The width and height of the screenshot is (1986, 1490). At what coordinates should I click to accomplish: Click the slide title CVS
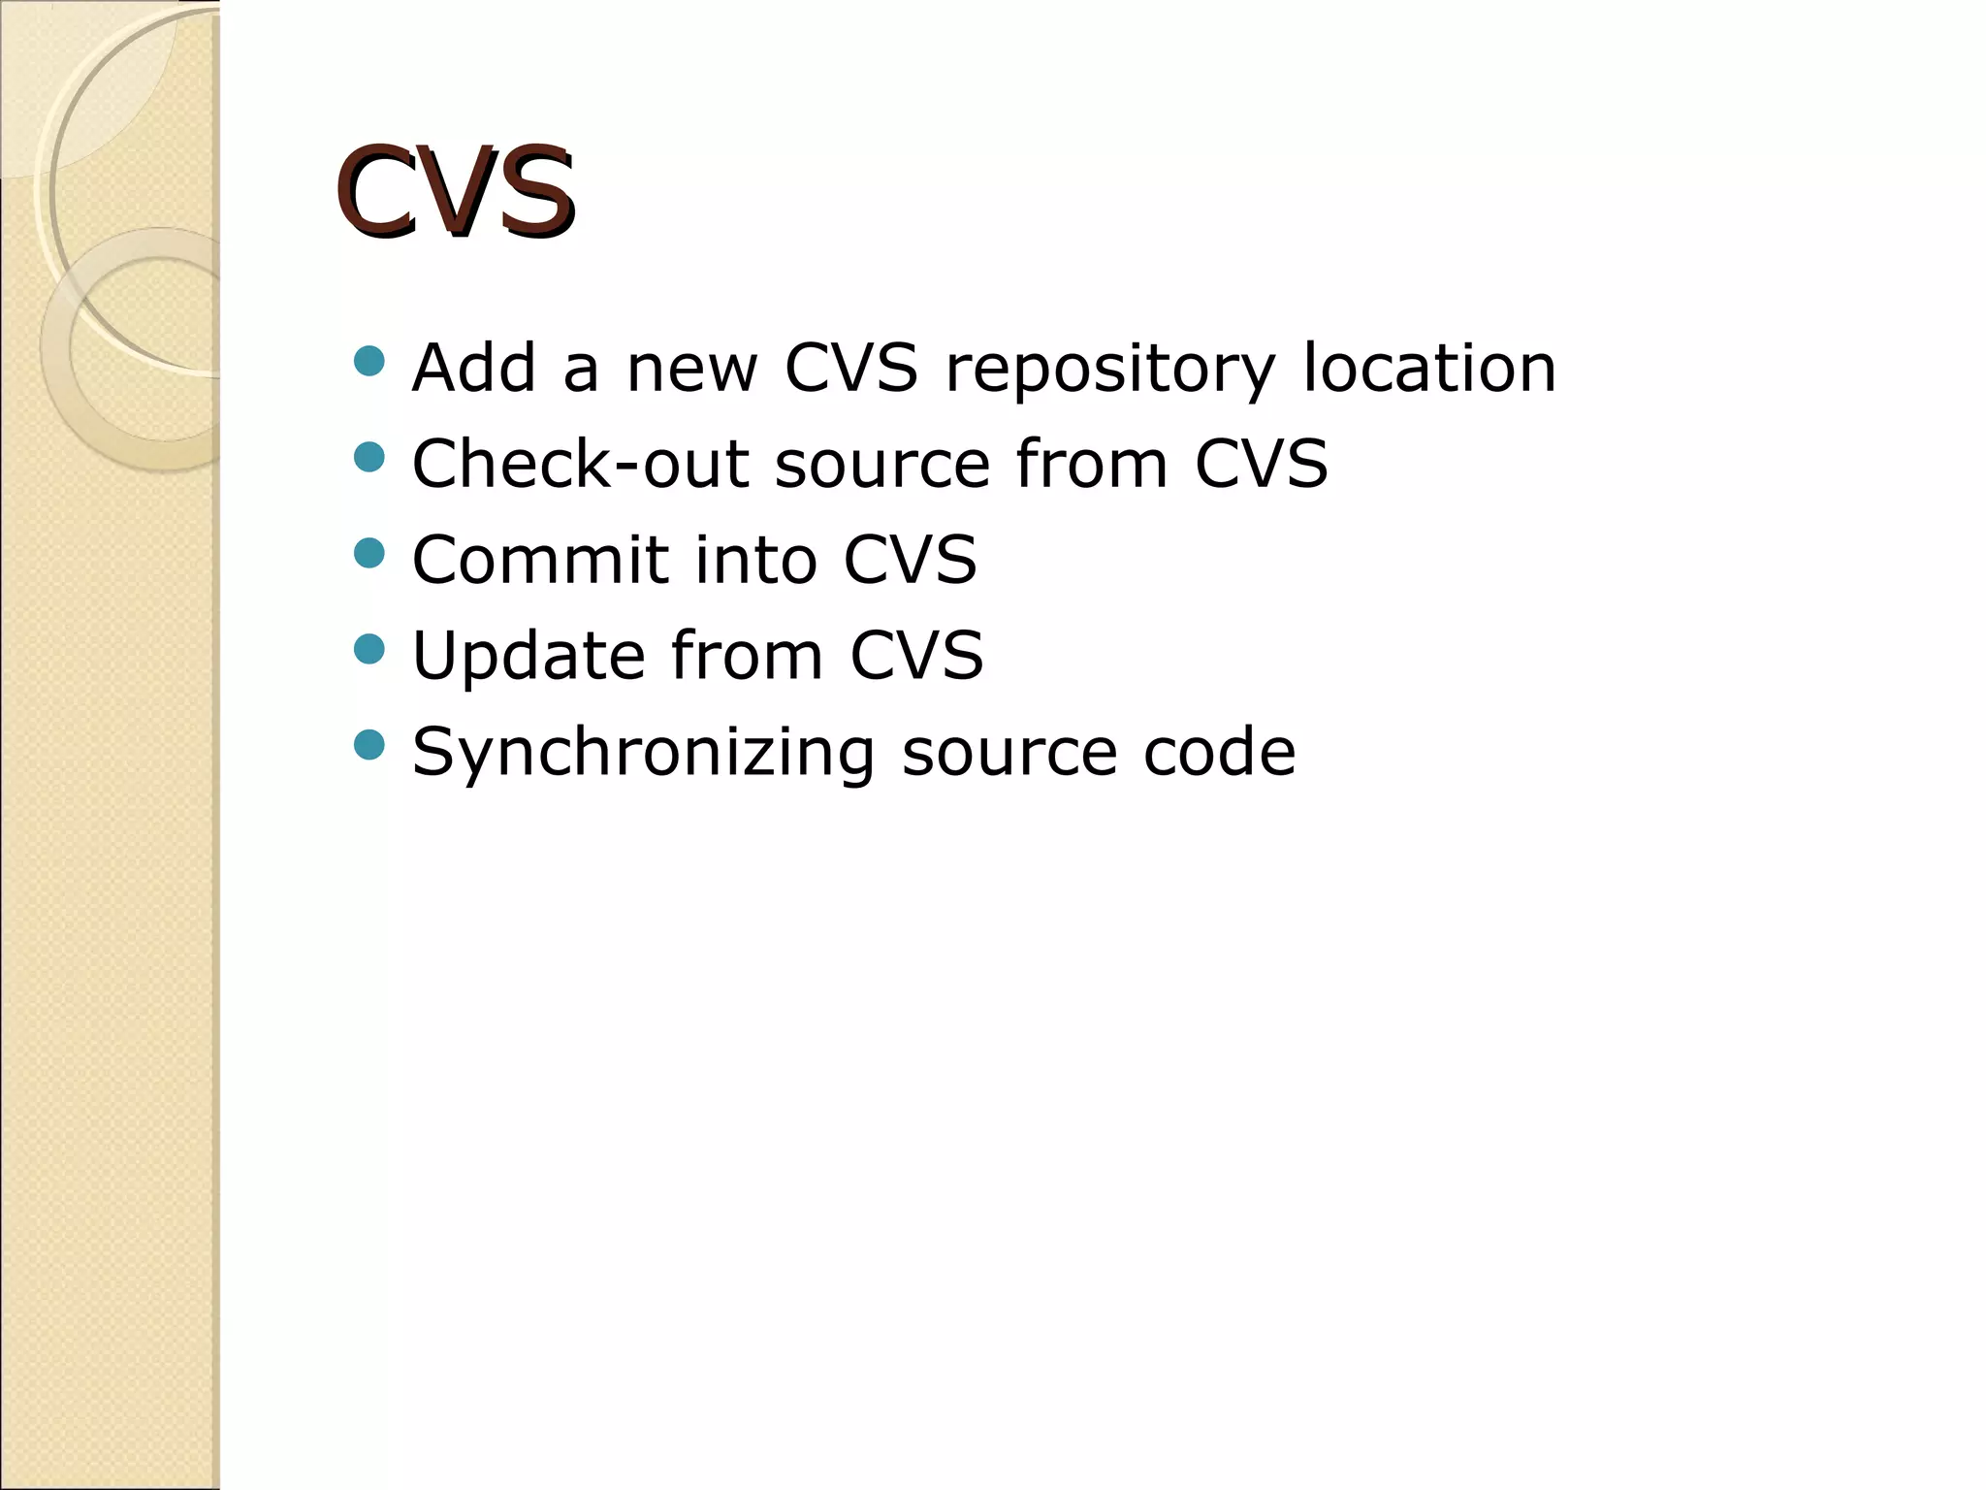(456, 191)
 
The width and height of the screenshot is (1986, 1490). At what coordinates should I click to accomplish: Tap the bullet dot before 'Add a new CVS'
(369, 362)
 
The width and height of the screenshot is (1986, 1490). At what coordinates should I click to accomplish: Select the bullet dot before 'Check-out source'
(369, 457)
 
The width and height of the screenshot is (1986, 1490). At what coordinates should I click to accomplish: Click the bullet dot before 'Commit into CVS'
(369, 553)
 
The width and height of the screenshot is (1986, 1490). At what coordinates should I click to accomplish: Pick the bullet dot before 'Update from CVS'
(369, 649)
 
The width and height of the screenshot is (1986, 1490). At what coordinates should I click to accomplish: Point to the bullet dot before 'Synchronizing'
(369, 745)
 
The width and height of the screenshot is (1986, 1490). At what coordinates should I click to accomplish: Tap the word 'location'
(1428, 369)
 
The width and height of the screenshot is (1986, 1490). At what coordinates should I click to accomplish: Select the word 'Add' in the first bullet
(474, 369)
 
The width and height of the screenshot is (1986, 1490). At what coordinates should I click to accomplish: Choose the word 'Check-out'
(580, 464)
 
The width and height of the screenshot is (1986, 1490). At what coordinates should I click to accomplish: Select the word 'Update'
(529, 656)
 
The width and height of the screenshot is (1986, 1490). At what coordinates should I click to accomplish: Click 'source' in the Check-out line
(882, 464)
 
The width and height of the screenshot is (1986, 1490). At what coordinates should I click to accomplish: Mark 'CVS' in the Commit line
(910, 560)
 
